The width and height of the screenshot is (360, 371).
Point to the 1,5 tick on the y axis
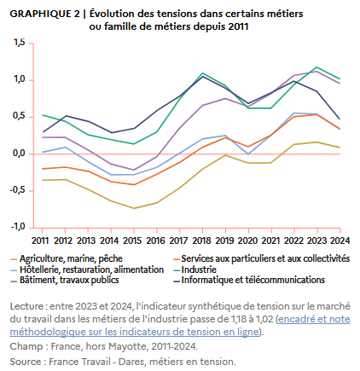pos(19,43)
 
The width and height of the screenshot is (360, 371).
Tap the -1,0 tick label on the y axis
pos(17,228)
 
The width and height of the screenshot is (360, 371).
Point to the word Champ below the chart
pos(26,347)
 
